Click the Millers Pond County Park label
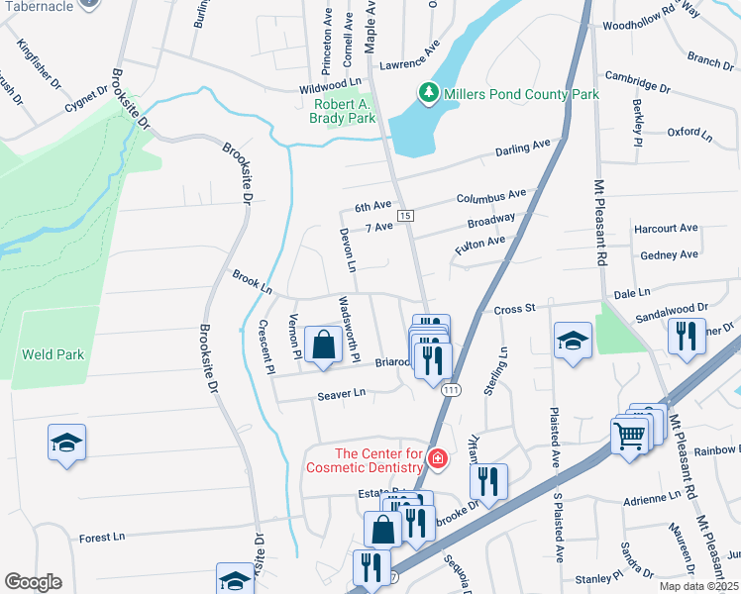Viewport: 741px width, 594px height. pyautogui.click(x=521, y=94)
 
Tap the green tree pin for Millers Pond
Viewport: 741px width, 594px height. pyautogui.click(x=428, y=93)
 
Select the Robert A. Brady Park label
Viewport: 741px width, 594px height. pyautogui.click(x=345, y=111)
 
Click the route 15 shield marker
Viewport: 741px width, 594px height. pyautogui.click(x=404, y=215)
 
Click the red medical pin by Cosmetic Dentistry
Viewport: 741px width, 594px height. pyautogui.click(x=437, y=459)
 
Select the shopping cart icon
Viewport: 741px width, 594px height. pyautogui.click(x=630, y=436)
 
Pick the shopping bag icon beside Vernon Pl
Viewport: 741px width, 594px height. pyautogui.click(x=324, y=346)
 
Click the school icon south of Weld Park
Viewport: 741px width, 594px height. pyautogui.click(x=66, y=443)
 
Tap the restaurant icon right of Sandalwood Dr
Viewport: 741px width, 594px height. pyautogui.click(x=686, y=337)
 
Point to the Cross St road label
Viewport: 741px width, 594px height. pyautogui.click(x=514, y=310)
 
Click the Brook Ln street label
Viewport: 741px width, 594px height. pyautogui.click(x=252, y=280)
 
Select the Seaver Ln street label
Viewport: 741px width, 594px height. pyautogui.click(x=342, y=394)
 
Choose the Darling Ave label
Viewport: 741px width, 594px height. pyautogui.click(x=522, y=148)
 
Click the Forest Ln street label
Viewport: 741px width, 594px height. pyautogui.click(x=102, y=538)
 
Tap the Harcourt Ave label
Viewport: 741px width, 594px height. pyautogui.click(x=667, y=228)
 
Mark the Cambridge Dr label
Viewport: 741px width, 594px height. pyautogui.click(x=638, y=81)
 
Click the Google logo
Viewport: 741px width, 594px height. pyautogui.click(x=33, y=581)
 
